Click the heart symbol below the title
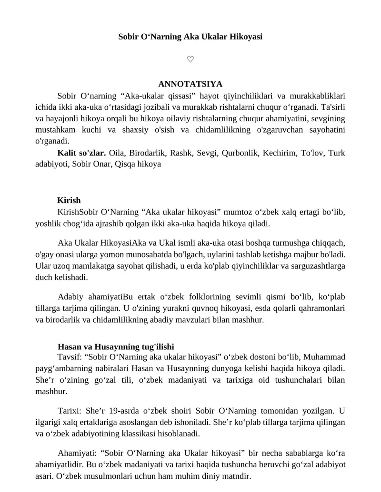click(x=190, y=59)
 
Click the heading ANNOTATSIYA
click(x=190, y=84)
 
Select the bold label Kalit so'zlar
click(x=81, y=153)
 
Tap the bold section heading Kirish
click(x=69, y=200)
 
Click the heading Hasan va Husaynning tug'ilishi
click(x=119, y=347)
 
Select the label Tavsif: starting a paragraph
click(x=70, y=357)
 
